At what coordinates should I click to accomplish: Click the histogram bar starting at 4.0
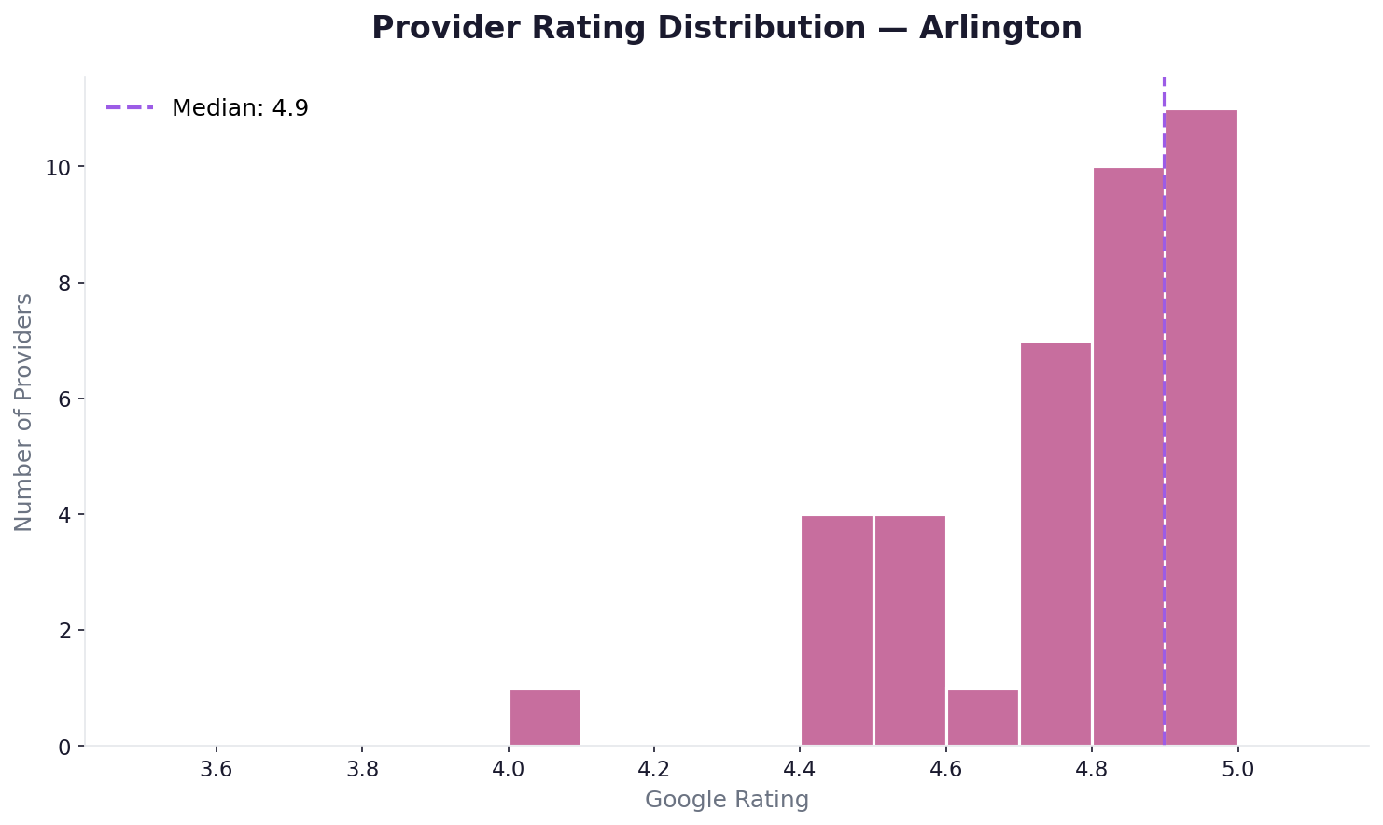pyautogui.click(x=545, y=717)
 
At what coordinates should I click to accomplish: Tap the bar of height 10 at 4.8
pyautogui.click(x=1128, y=456)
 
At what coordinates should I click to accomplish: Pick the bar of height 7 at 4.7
pyautogui.click(x=1055, y=543)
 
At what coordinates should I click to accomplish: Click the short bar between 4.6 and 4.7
pyautogui.click(x=983, y=717)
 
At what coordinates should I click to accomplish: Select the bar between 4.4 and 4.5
pyautogui.click(x=837, y=630)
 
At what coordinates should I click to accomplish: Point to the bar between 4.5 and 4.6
pyautogui.click(x=910, y=630)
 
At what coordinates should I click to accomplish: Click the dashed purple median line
pyautogui.click(x=1165, y=280)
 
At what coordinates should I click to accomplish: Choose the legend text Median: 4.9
pyautogui.click(x=240, y=108)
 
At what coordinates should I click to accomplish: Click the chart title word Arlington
pyautogui.click(x=1000, y=28)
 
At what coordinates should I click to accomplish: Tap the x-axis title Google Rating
pyautogui.click(x=727, y=800)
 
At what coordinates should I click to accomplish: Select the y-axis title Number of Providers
pyautogui.click(x=24, y=412)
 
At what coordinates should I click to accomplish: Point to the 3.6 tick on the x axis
pyautogui.click(x=217, y=771)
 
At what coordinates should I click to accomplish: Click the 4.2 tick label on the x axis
pyautogui.click(x=654, y=771)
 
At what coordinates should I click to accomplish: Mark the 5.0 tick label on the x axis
pyautogui.click(x=1237, y=771)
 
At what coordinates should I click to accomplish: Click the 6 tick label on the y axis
pyautogui.click(x=64, y=399)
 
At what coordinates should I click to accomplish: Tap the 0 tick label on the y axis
pyautogui.click(x=64, y=747)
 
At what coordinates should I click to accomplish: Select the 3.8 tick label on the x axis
pyautogui.click(x=362, y=771)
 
